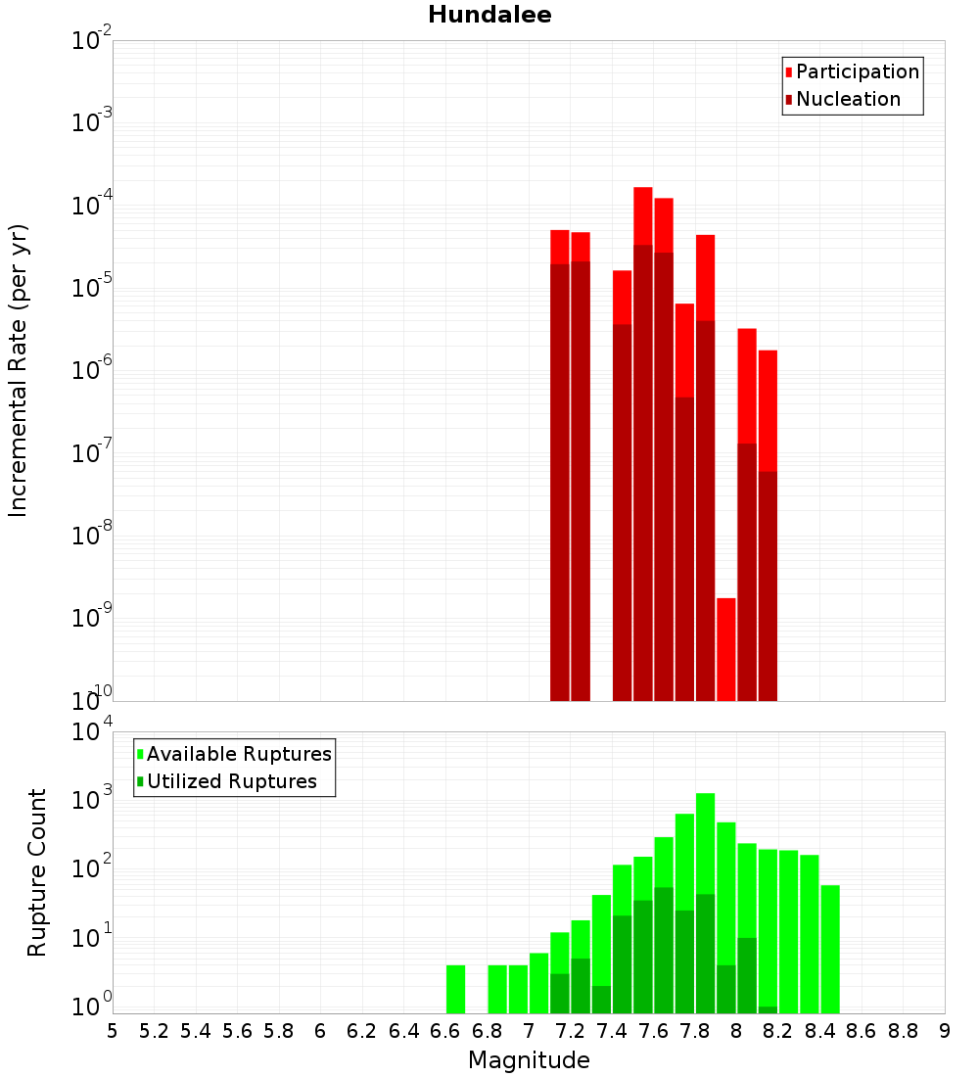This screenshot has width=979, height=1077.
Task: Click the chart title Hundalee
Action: (x=489, y=15)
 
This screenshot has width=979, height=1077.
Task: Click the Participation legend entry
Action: (x=858, y=71)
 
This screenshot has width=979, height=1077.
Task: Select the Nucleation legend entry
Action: (x=848, y=99)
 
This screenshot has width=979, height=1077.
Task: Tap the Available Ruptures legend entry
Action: (x=239, y=754)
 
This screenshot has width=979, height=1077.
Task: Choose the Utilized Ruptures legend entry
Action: (x=231, y=781)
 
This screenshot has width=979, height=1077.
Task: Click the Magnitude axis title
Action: (x=529, y=1060)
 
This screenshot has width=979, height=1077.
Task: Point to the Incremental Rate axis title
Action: (x=19, y=370)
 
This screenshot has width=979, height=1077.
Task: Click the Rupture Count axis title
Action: (x=37, y=872)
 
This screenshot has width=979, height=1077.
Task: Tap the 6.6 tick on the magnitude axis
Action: (x=445, y=1031)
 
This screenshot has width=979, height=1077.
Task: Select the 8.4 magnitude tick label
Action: (x=820, y=1031)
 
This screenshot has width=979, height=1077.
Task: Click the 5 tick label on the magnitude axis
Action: (x=113, y=1031)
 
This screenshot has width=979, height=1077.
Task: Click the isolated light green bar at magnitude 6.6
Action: (x=455, y=989)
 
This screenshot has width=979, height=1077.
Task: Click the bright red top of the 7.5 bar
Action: (x=643, y=215)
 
